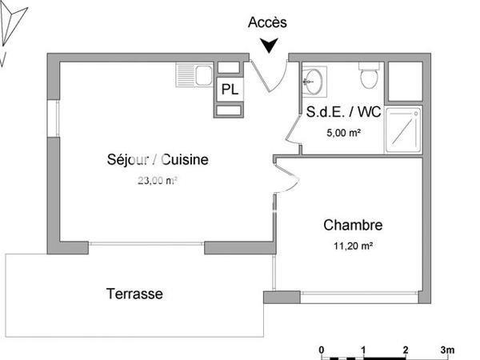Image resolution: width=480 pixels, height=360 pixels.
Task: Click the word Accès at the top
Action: [267, 22]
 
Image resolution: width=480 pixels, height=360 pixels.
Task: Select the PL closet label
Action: [230, 90]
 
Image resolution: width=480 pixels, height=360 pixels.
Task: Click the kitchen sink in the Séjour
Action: [192, 76]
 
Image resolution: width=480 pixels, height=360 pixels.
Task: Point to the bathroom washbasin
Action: [313, 79]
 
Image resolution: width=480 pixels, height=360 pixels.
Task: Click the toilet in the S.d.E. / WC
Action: [369, 78]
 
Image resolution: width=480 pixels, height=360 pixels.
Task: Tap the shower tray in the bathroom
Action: [402, 129]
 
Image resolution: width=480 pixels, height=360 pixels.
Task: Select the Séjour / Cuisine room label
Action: [158, 160]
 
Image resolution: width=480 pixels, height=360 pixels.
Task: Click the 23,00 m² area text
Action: [157, 181]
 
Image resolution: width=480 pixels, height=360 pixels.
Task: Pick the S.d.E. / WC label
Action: [344, 113]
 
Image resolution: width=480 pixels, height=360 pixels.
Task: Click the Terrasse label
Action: [134, 294]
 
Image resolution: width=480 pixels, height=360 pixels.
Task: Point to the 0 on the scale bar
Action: [321, 350]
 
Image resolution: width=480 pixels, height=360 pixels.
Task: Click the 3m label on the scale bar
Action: [448, 350]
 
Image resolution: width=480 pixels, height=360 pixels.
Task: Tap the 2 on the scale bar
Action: [406, 350]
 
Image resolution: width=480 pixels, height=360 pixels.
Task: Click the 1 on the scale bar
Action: [363, 350]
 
